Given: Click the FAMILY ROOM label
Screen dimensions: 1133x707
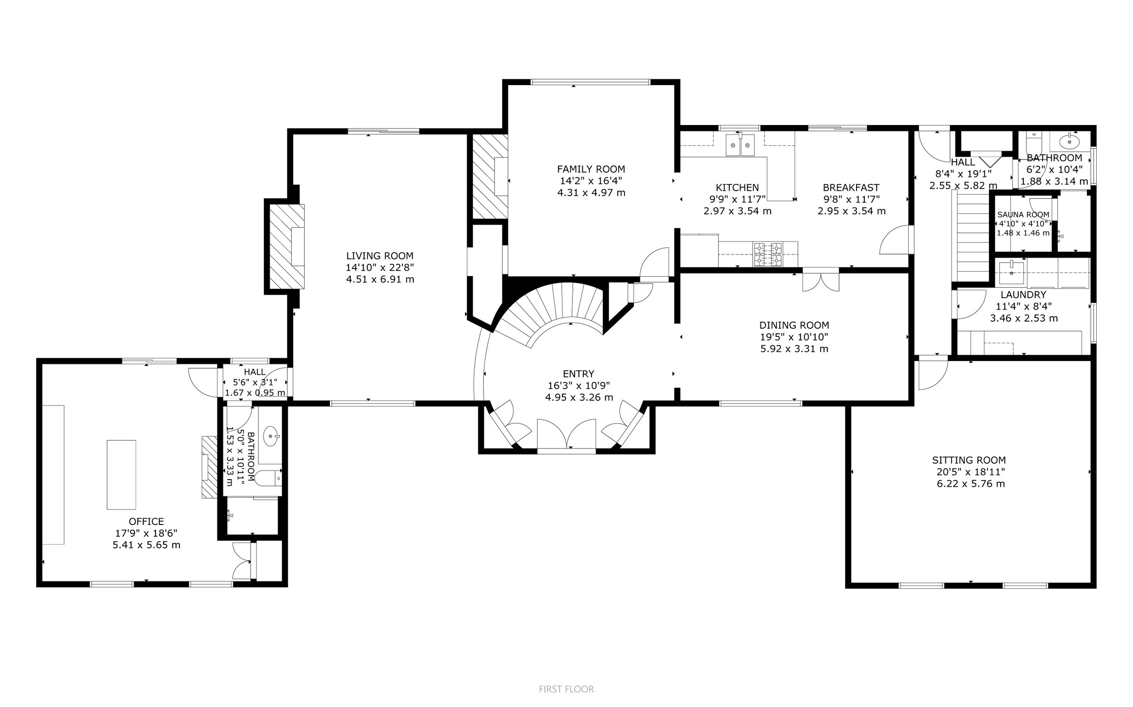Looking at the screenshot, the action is (591, 169).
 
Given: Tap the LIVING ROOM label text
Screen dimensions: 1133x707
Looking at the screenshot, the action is (379, 256).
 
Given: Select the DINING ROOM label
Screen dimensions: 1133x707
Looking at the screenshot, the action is (794, 325).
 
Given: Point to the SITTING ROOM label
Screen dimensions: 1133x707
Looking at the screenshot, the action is (969, 460).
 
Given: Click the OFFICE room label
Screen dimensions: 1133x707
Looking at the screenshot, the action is (146, 521).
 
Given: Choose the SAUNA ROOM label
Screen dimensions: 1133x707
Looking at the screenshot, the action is (1023, 215).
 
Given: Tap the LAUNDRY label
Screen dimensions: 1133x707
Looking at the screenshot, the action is (1023, 294).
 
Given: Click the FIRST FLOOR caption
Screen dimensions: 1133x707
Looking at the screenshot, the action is (566, 689).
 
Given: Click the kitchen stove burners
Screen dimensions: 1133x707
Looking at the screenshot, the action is (767, 255).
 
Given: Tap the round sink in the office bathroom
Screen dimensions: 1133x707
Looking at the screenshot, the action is (271, 437).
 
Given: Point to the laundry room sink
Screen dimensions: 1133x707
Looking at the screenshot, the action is (1012, 273).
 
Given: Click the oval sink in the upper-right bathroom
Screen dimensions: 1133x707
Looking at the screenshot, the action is (1070, 140).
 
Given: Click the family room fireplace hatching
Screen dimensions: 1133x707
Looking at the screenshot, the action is (490, 176).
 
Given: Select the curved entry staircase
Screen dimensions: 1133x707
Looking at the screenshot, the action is (552, 309).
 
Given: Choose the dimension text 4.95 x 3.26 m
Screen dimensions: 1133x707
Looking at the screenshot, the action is (579, 398).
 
